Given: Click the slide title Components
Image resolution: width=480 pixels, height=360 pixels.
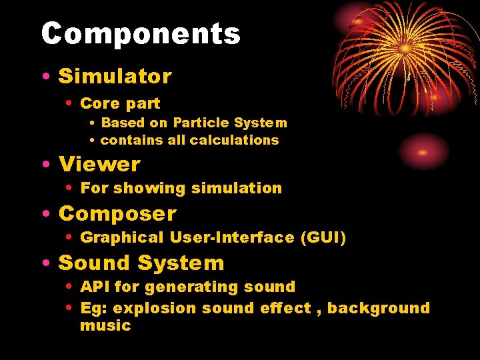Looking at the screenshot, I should [x=141, y=34].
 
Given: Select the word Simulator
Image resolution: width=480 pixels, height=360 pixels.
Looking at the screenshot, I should [x=115, y=76].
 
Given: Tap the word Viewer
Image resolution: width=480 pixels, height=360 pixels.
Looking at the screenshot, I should [x=99, y=164].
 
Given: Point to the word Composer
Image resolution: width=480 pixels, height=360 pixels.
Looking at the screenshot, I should [x=117, y=213].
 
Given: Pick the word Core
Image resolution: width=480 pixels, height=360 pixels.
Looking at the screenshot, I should [x=97, y=103].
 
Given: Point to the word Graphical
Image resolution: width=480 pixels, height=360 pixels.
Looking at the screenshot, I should [x=121, y=237].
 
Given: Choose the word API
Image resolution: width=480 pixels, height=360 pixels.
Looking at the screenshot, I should [x=95, y=287].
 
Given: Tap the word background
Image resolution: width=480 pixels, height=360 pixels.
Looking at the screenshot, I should [x=378, y=308].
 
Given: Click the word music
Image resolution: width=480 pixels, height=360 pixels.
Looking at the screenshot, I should [x=105, y=325].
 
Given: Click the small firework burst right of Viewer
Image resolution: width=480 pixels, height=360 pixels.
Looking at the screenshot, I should [x=423, y=151].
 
